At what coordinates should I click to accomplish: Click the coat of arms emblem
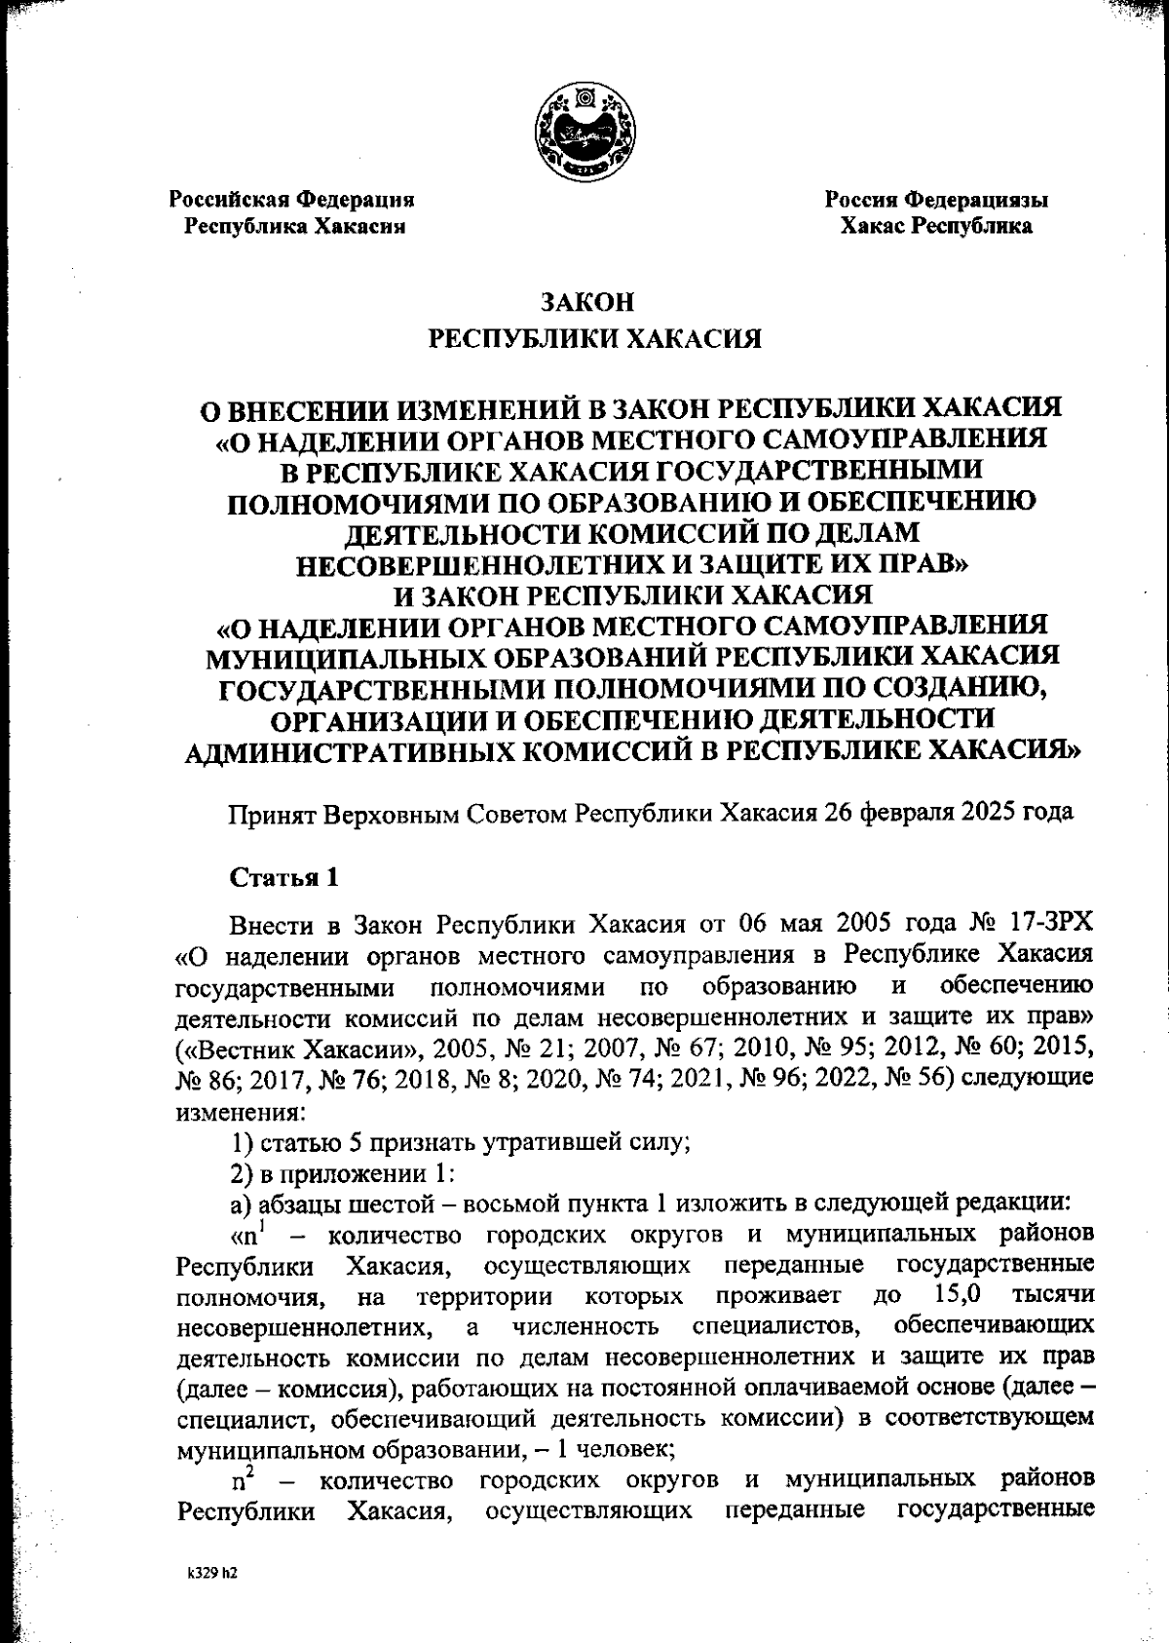coord(584,132)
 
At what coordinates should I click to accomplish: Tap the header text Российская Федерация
coord(293,200)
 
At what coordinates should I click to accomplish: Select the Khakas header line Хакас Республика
coord(936,227)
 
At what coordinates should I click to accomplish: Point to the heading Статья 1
coord(283,877)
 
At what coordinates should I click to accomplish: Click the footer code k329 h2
coord(213,1574)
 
